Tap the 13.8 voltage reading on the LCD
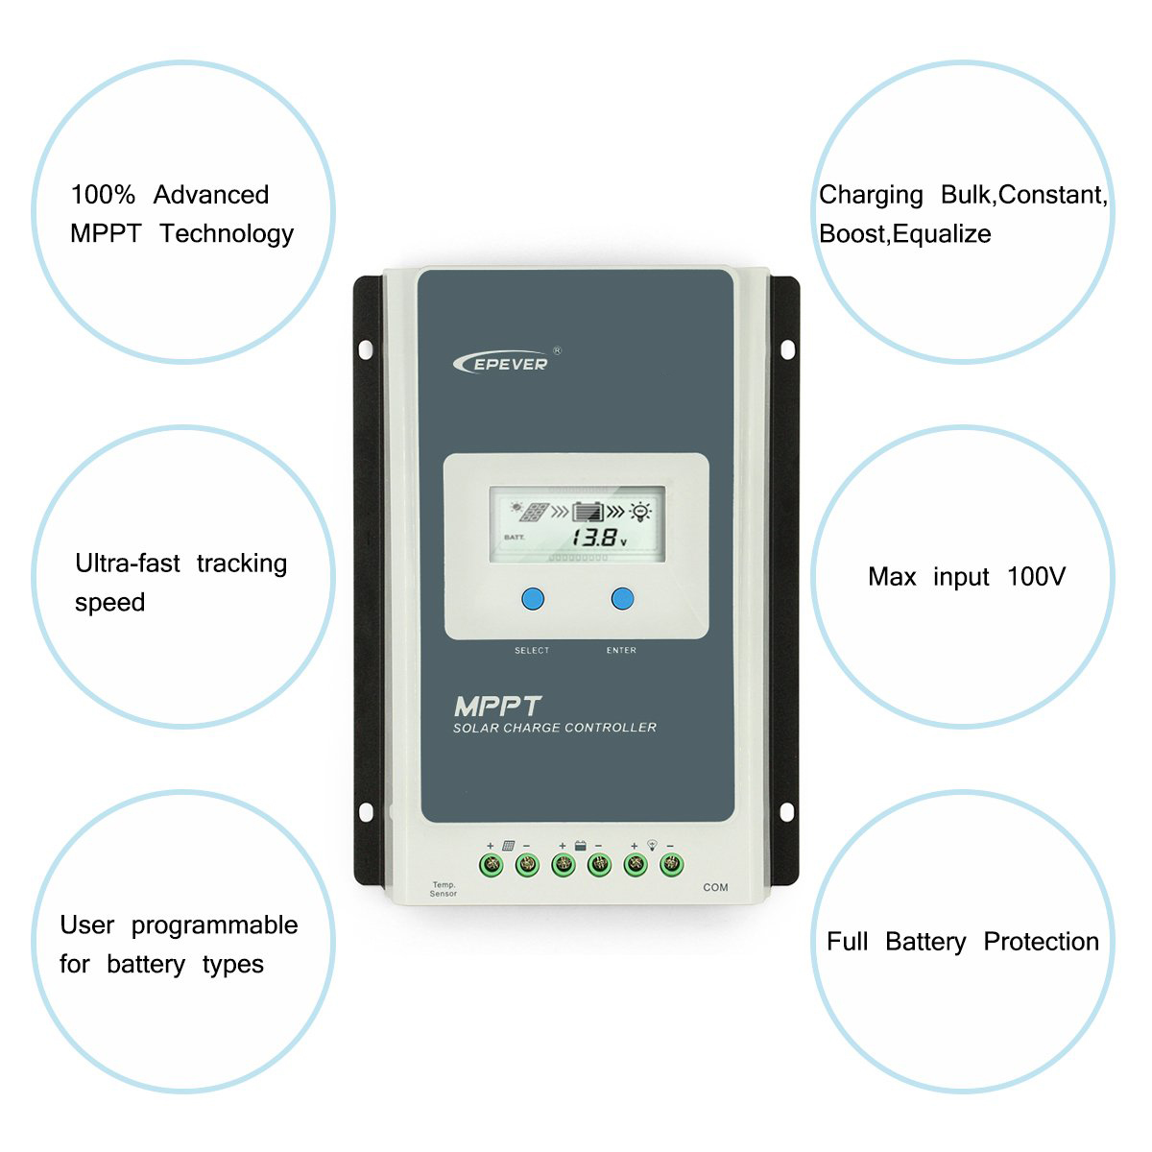tap(592, 538)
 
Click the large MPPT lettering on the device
tap(497, 707)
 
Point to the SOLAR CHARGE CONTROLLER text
tap(555, 728)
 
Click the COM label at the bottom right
tap(715, 887)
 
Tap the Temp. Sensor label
tap(444, 889)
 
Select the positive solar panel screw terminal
tap(491, 865)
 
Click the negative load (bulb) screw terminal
tap(671, 865)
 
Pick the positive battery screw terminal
tap(564, 865)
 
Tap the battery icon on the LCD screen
tap(587, 512)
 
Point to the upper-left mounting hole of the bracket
tap(366, 348)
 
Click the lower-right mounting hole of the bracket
tap(787, 812)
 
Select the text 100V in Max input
tap(1036, 577)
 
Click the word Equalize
tap(942, 234)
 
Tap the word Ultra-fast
tap(128, 564)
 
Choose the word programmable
tap(214, 925)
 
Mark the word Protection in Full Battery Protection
tap(1041, 942)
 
